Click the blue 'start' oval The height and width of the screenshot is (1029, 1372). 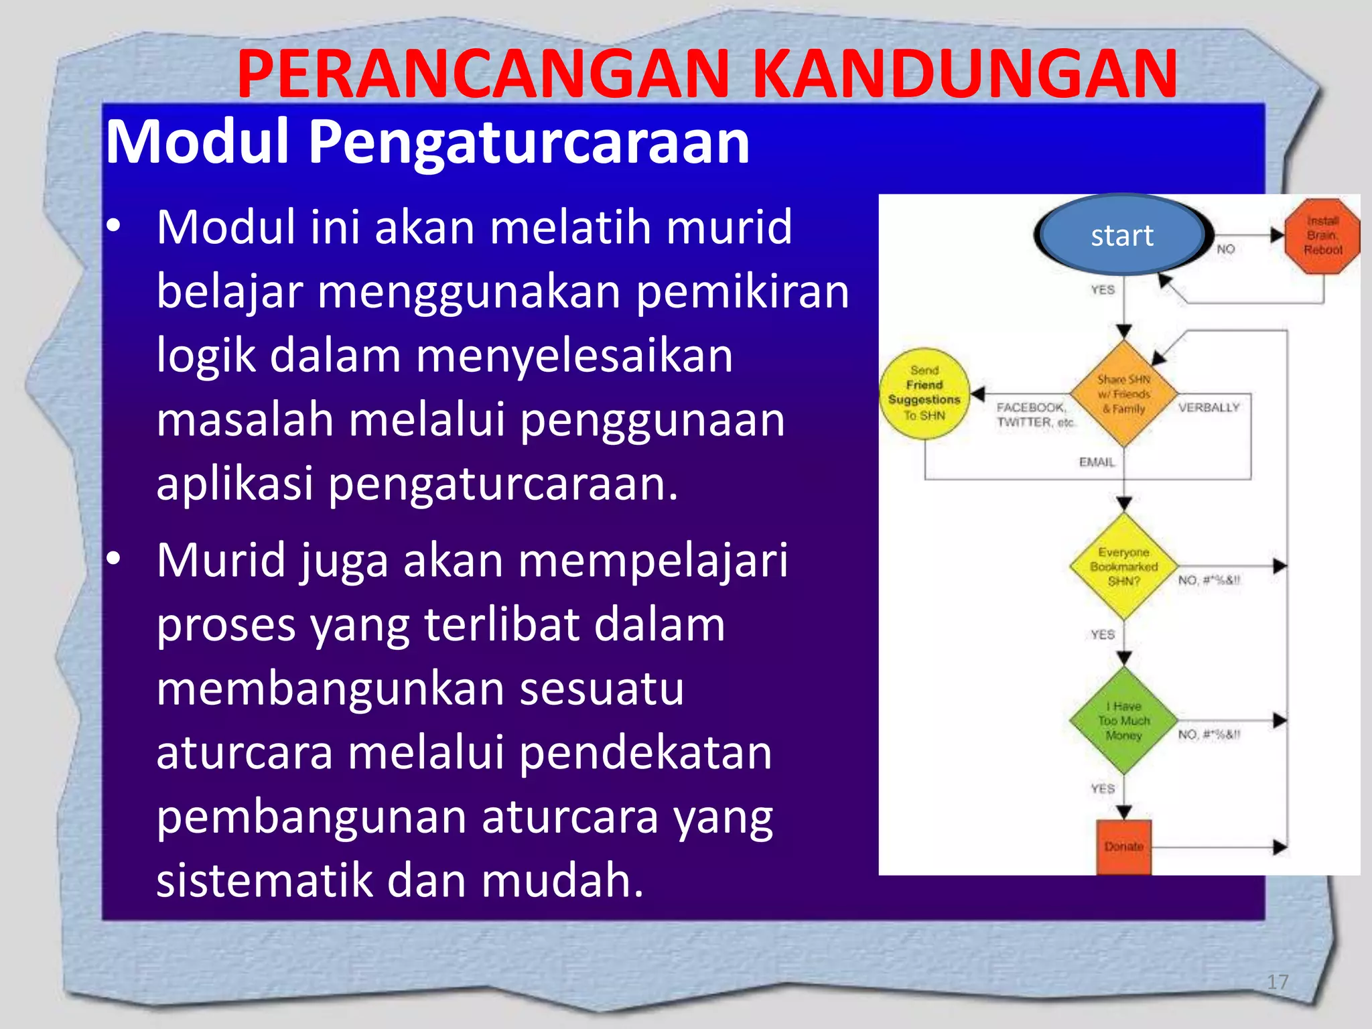coord(1122,235)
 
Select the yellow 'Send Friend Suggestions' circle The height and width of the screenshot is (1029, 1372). coord(924,393)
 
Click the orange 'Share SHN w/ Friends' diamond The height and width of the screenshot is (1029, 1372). coord(1123,394)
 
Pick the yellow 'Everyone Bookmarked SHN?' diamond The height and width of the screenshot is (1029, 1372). coord(1123,566)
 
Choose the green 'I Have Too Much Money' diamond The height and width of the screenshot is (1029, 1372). coord(1123,721)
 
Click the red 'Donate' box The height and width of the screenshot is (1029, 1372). coord(1123,847)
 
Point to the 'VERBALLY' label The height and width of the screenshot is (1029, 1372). coord(1209,407)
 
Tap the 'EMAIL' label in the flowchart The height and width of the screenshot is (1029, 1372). coord(1097,462)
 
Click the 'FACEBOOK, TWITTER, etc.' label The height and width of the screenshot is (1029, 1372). coord(1034,415)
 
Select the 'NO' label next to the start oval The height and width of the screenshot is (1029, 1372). coord(1225,249)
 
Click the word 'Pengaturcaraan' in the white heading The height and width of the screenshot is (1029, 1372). coord(528,142)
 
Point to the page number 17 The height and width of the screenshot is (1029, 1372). coord(1277,982)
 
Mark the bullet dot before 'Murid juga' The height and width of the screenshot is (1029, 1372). coord(114,558)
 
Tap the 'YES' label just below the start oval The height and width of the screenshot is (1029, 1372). coord(1102,290)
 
